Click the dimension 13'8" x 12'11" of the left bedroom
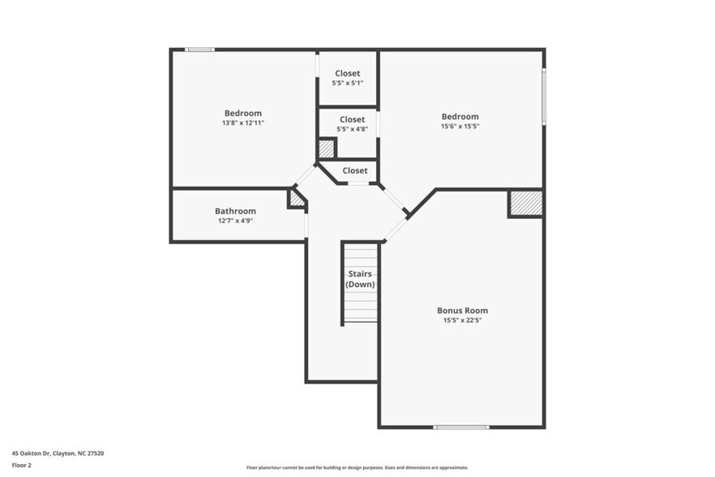click(242, 123)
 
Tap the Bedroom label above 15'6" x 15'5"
click(460, 116)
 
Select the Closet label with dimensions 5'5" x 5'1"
click(347, 73)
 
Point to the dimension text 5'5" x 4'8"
click(352, 129)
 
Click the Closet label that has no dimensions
click(354, 170)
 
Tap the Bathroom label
click(235, 211)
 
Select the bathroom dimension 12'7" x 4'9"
click(235, 221)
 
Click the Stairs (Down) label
click(360, 279)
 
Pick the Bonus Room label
click(462, 311)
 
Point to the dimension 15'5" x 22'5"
click(462, 320)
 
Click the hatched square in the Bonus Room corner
click(525, 204)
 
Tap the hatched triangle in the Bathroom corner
click(298, 199)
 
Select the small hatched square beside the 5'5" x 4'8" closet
click(326, 149)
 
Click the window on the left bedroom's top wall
click(199, 50)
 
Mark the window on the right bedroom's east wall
click(544, 95)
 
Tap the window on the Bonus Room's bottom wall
click(460, 427)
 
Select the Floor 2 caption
click(21, 466)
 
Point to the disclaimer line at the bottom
click(357, 468)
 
